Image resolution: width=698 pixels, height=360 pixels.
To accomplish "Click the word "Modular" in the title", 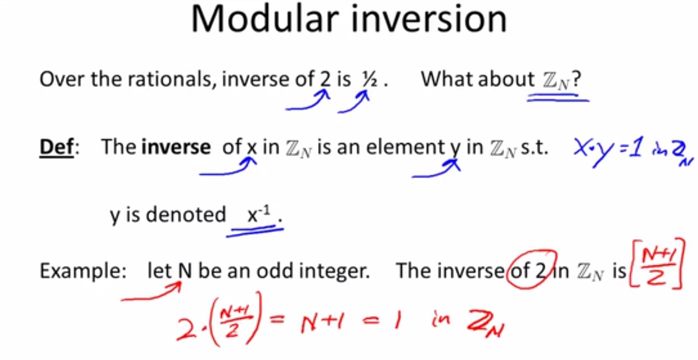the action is pos(265,19).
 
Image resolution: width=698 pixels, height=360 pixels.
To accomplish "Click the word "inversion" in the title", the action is pos(429,19).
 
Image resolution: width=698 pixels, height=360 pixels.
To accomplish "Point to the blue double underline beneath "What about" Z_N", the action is pos(558,98).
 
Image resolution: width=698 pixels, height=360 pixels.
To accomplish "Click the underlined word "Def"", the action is pos(57,147).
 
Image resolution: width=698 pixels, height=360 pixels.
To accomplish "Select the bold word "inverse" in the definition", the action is pos(176,147).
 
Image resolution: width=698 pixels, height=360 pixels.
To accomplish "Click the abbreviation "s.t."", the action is pos(534,148).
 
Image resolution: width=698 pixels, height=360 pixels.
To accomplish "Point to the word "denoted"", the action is pos(186,215).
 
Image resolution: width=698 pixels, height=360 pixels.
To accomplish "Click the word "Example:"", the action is pos(83,271).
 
